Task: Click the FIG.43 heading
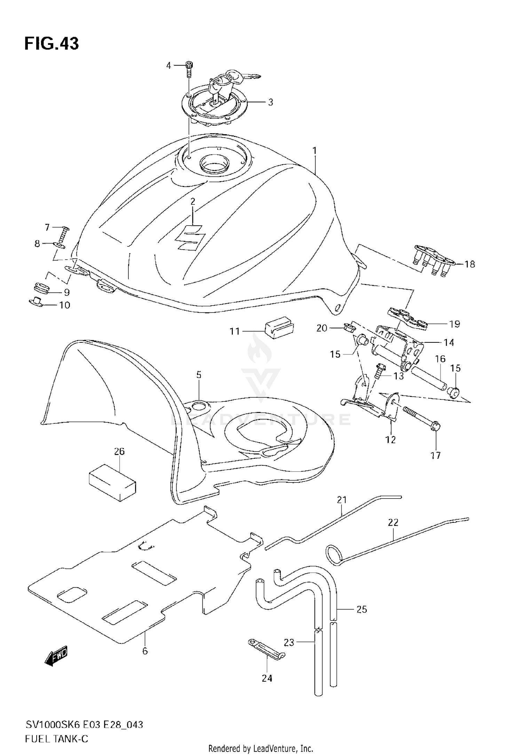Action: [52, 44]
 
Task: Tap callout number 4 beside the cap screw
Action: [169, 65]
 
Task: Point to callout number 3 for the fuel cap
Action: [270, 103]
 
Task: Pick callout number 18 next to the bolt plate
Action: [470, 264]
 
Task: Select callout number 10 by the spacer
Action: [65, 305]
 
